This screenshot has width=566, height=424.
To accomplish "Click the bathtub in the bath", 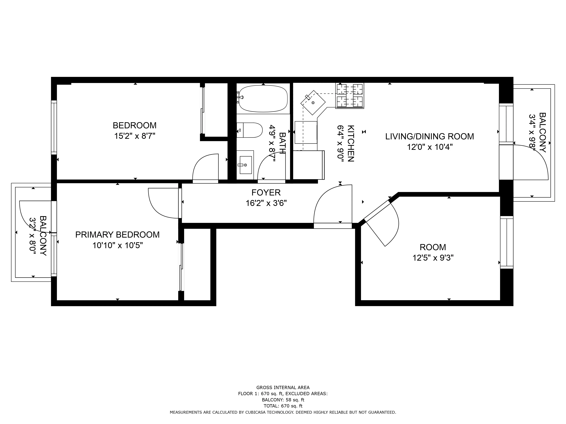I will point(263,99).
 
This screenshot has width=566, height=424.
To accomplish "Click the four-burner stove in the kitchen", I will point(350,96).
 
